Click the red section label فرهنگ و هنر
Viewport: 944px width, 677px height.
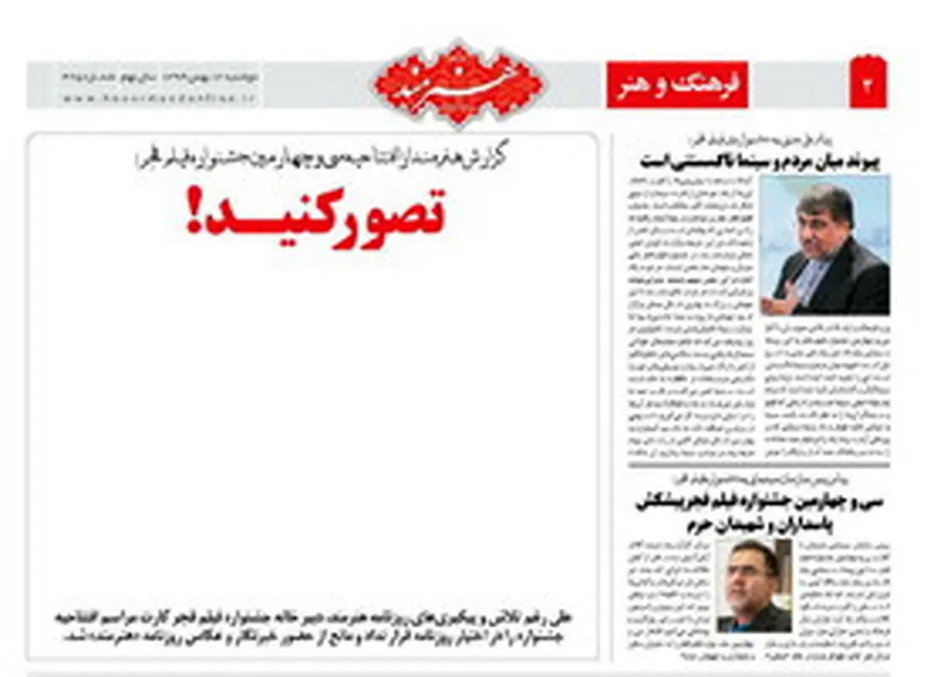(x=677, y=85)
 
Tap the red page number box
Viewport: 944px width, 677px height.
(x=868, y=85)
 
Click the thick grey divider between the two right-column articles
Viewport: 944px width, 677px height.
(x=759, y=465)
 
